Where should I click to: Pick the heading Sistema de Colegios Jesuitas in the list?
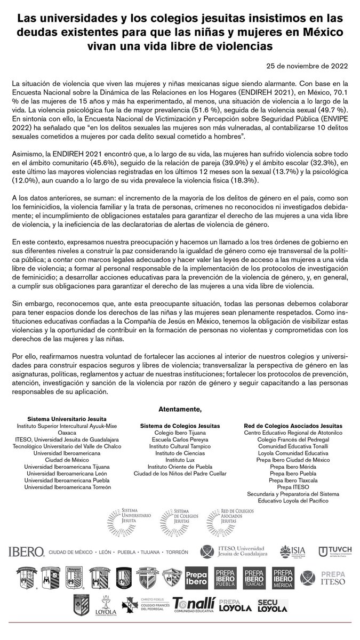(180, 426)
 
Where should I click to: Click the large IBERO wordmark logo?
(26, 551)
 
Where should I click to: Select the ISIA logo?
(292, 551)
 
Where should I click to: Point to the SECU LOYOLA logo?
(273, 606)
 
